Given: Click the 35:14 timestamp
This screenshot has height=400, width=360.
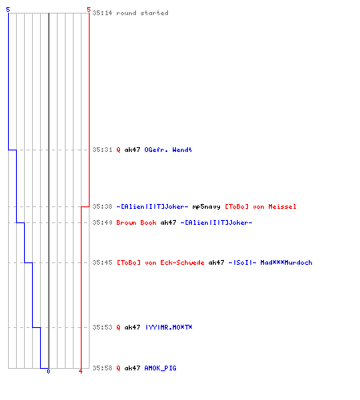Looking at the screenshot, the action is [x=102, y=13].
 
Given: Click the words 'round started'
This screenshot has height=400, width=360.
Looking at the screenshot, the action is [x=142, y=13].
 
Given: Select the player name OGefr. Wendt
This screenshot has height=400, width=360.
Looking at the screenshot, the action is [x=168, y=150].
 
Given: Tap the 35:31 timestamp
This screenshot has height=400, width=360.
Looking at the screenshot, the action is [x=102, y=150].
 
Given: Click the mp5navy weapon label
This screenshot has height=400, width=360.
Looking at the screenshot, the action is [x=206, y=206].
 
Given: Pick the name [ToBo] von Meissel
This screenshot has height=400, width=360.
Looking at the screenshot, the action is [x=261, y=206].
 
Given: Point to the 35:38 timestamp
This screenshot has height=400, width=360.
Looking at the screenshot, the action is [x=102, y=206].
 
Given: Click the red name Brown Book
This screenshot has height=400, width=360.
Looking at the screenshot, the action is [x=136, y=222].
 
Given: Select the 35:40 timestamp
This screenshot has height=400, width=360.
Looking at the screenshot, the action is [x=102, y=222].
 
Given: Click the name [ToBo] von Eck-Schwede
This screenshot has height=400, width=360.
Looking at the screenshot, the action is [x=160, y=262].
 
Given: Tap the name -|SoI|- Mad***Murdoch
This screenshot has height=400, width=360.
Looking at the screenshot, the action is [x=270, y=262].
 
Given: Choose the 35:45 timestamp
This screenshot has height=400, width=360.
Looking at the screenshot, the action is [x=102, y=262].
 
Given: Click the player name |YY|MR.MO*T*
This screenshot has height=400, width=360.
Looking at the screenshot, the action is [x=169, y=327].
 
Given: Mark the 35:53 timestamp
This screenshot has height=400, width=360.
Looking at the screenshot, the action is [x=102, y=327].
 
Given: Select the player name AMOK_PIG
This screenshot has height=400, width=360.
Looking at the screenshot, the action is [x=160, y=368].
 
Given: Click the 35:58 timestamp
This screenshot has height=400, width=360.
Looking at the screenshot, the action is [x=102, y=368].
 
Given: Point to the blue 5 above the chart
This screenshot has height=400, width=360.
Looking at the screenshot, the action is [x=8, y=10].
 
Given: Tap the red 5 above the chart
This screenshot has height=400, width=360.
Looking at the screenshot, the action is [x=89, y=10].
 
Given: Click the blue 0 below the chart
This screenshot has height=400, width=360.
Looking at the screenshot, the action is [x=48, y=371].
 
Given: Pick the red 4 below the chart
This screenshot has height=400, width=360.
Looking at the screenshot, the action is [x=81, y=371].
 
